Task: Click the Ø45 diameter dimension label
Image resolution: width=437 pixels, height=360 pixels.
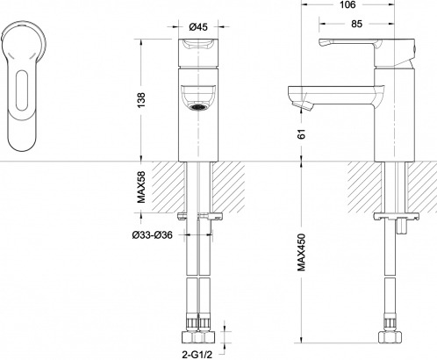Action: point(198,27)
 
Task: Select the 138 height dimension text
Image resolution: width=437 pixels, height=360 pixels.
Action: point(141,100)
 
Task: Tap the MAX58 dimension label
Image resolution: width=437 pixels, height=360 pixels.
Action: point(141,187)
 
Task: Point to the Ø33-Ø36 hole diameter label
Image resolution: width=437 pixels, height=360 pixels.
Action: point(152,234)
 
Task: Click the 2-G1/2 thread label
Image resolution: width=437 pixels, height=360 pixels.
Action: point(197,355)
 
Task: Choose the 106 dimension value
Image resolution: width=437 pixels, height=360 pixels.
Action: point(347,4)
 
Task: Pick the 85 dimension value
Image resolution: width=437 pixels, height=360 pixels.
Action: point(356,24)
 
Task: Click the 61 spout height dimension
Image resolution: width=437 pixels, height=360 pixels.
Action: point(302,133)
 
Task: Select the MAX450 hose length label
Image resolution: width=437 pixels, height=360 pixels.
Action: point(301,252)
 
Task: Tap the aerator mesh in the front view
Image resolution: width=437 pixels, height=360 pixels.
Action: point(198,107)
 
